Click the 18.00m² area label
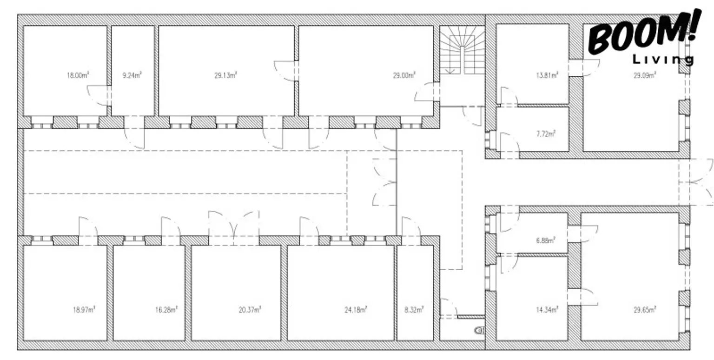(x=78, y=75)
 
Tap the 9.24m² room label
(x=132, y=75)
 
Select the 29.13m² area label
(x=226, y=75)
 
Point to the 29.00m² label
(x=404, y=75)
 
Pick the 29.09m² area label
(x=644, y=75)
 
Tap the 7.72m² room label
(x=546, y=134)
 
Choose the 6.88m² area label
(x=545, y=240)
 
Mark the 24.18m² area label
(x=356, y=309)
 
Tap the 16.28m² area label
(x=166, y=309)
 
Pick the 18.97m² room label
(x=84, y=309)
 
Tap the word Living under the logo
(x=663, y=60)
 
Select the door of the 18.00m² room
(x=98, y=95)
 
